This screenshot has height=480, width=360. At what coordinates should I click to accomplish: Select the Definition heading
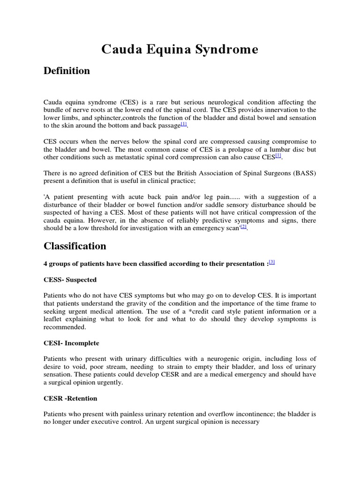pyautogui.click(x=67, y=71)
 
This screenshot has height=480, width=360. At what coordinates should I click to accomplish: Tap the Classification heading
pyautogui.click(x=75, y=246)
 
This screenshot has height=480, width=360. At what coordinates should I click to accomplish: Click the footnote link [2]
pyautogui.click(x=243, y=227)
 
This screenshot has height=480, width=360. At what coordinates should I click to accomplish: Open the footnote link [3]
pyautogui.click(x=272, y=262)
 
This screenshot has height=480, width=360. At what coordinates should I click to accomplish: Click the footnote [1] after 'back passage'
pyautogui.click(x=184, y=124)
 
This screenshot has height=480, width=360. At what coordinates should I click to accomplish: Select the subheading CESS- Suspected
pyautogui.click(x=70, y=280)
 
